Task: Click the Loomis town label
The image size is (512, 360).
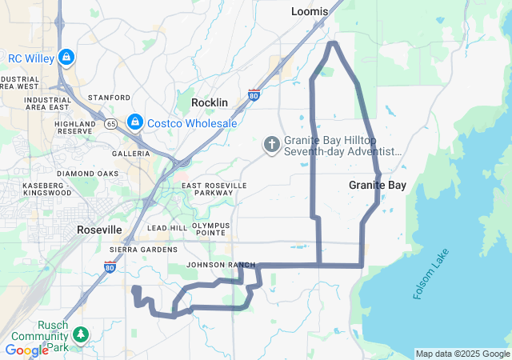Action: tap(310, 11)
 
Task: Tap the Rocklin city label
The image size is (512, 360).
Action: tap(210, 103)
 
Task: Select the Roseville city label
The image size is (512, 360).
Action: tap(99, 230)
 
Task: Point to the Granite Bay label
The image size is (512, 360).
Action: tap(378, 185)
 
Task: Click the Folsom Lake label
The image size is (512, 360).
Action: tap(432, 274)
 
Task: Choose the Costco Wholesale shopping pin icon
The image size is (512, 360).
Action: tap(134, 122)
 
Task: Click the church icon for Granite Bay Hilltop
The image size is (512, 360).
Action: tap(271, 145)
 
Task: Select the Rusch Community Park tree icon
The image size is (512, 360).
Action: tap(79, 333)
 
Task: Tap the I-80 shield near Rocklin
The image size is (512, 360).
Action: tap(254, 94)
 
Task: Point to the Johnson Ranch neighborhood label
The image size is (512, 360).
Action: tap(220, 265)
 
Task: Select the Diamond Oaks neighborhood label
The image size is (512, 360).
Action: tap(87, 174)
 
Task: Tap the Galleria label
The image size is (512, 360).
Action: tap(130, 154)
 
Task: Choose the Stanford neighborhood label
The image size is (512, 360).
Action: tap(109, 98)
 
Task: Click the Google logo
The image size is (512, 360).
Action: tap(26, 350)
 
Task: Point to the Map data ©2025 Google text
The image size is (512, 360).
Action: tap(462, 354)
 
